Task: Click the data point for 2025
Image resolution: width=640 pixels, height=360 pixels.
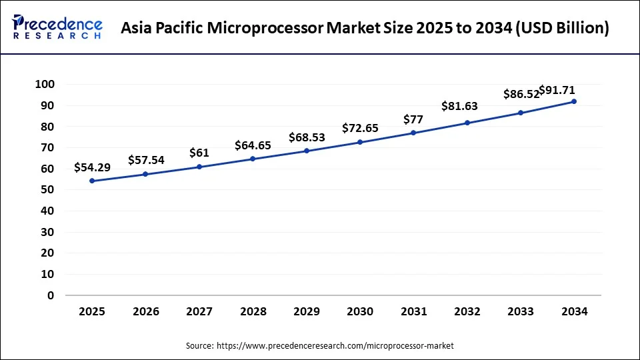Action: point(91,181)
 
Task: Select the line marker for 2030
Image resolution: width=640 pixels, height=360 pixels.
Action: point(360,142)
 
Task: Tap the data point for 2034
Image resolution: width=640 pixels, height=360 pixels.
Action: point(573,101)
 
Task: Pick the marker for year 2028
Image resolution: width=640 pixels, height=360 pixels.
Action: point(253,159)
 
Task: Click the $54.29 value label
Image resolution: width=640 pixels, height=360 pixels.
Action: point(92,167)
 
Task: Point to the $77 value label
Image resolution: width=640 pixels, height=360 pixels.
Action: point(413,119)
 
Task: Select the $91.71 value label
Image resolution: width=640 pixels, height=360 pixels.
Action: point(557,90)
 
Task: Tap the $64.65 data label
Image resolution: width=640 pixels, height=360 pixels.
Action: point(253,145)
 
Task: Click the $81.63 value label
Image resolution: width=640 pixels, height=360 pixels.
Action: point(459,106)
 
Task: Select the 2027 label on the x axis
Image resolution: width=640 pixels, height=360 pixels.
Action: point(199,311)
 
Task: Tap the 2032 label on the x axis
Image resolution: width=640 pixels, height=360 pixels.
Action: point(467,311)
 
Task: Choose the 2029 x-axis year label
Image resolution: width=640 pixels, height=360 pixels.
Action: point(306,311)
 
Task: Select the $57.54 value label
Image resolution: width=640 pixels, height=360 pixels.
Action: point(146,160)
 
